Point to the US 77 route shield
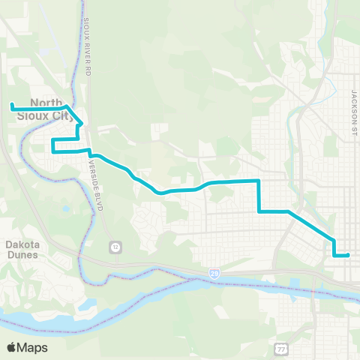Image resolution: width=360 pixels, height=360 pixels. coord(281,348)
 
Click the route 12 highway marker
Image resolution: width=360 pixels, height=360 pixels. coord(115,246)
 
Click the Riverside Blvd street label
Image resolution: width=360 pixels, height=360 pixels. coord(94,182)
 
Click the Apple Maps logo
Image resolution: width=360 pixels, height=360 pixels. coord(27,347)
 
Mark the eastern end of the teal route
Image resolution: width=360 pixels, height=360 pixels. coord(349,255)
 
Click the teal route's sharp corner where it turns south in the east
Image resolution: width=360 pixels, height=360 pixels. coord(259,181)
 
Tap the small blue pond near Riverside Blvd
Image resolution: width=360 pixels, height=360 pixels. coord(65,208)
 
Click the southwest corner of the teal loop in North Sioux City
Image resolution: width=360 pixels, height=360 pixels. coord(52,151)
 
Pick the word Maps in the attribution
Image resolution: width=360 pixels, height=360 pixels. coord(33,347)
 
